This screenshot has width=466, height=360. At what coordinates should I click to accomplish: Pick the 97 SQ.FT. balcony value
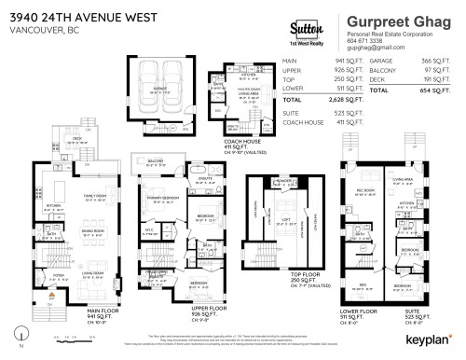pos(432,68)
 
